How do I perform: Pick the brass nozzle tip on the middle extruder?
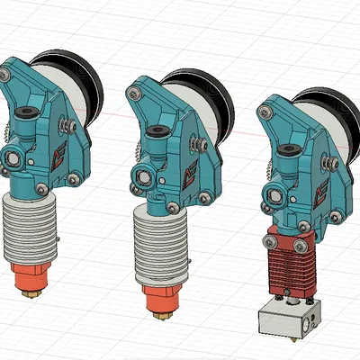coord(164,314)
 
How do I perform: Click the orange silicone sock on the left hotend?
coord(34,274)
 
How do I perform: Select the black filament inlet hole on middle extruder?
coord(157,130)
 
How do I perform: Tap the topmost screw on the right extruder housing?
coord(264,112)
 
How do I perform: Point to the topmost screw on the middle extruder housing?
coord(134,91)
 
